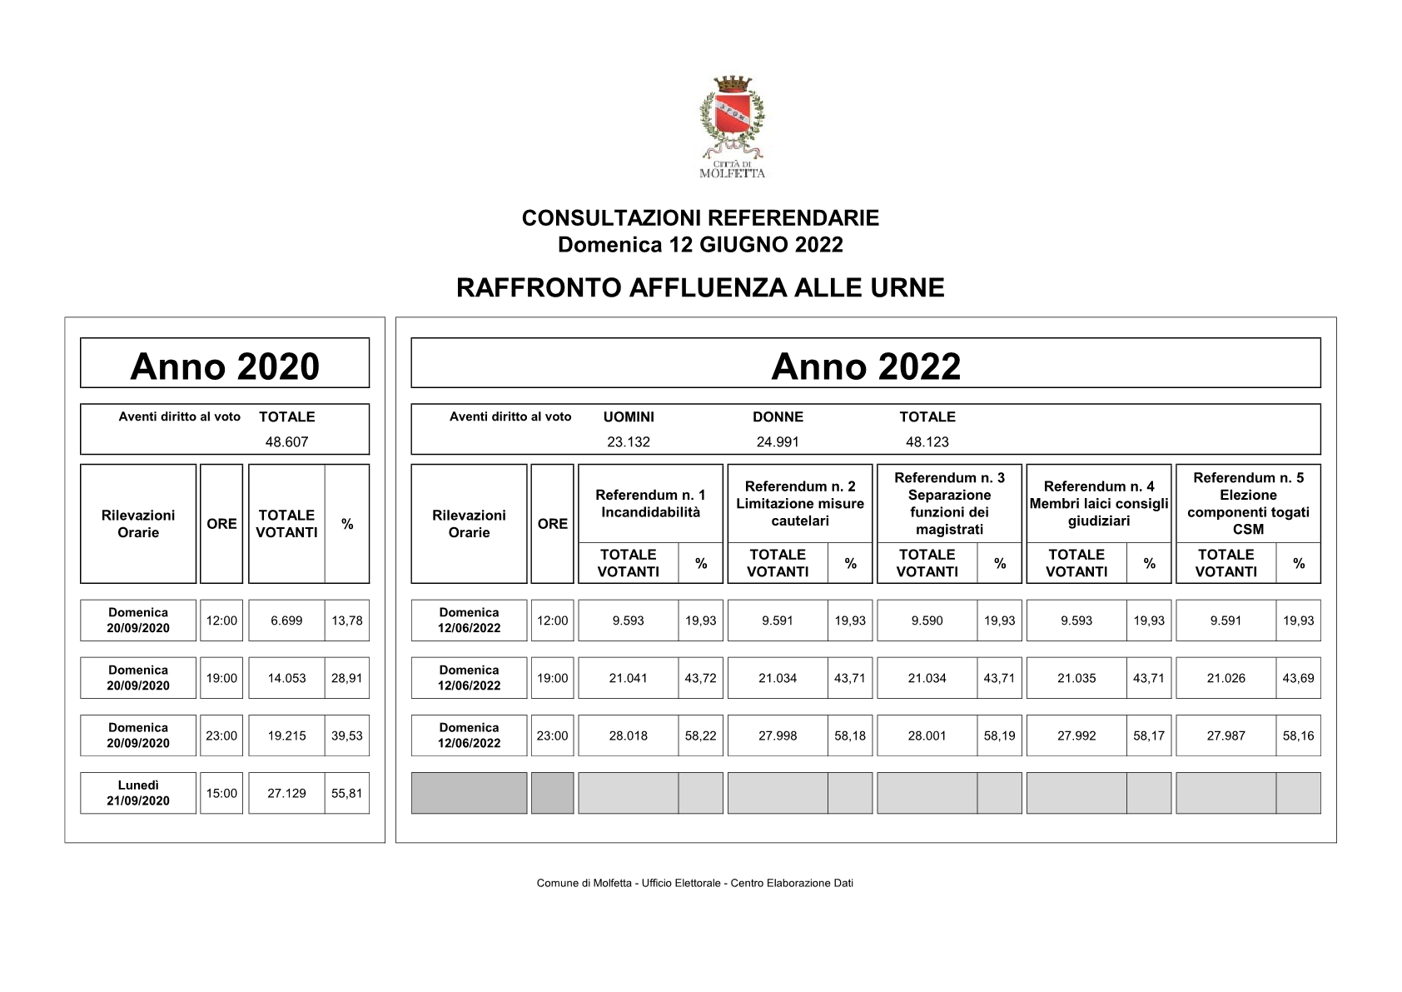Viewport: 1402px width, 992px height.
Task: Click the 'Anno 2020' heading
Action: [225, 366]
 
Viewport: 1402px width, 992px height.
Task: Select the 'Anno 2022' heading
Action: [866, 366]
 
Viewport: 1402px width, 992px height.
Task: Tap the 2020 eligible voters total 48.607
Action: [286, 441]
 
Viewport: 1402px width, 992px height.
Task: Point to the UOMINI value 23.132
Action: [629, 441]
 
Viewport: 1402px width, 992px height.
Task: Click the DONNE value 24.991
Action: [778, 441]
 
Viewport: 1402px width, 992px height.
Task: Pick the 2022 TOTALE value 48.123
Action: [927, 441]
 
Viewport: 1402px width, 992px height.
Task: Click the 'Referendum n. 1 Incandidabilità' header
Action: [650, 504]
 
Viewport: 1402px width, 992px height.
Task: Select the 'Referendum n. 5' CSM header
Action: [1248, 503]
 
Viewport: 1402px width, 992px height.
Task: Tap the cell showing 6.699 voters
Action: [286, 621]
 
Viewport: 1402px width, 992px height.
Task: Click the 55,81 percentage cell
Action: [347, 793]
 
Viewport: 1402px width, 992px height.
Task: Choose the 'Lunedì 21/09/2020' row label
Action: [138, 793]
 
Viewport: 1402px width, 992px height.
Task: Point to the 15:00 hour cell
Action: [221, 793]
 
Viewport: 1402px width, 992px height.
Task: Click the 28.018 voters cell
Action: [629, 735]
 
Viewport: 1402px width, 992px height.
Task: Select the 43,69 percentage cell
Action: [1298, 678]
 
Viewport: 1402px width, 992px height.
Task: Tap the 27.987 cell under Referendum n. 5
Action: [1226, 735]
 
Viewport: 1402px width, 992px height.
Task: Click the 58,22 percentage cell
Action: [700, 735]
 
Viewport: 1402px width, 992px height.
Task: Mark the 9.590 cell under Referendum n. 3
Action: [927, 621]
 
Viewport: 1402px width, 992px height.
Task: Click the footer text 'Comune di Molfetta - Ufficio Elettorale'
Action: [633, 883]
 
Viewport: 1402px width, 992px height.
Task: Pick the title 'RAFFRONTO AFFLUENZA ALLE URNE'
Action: [700, 287]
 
